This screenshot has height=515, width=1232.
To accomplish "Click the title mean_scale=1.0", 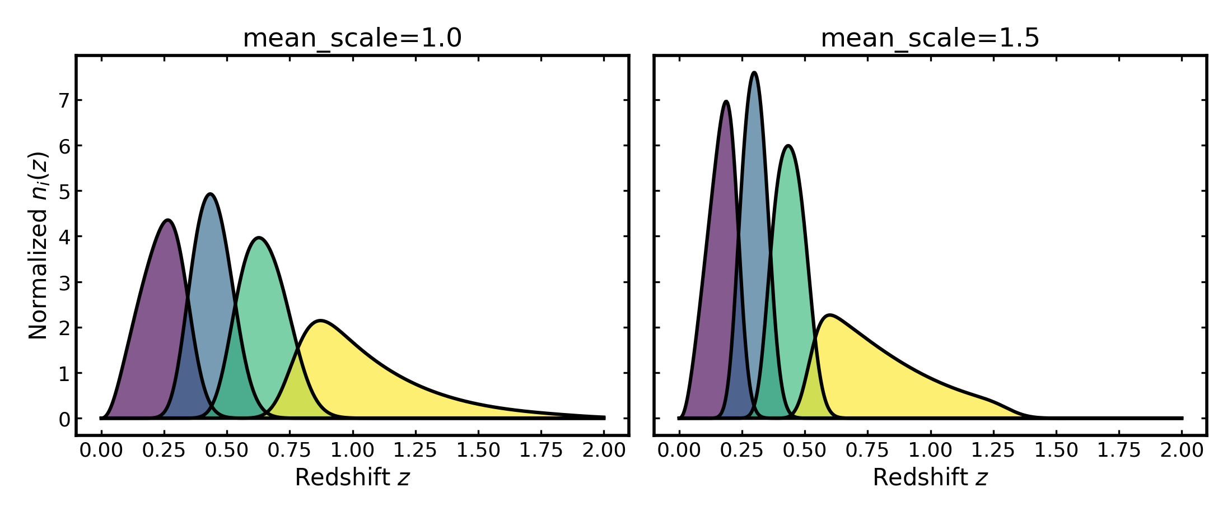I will (x=352, y=38).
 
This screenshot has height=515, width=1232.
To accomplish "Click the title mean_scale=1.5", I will (x=930, y=38).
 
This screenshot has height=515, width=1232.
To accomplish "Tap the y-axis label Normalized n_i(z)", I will (x=39, y=245).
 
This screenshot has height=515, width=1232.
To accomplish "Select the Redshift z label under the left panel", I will (x=352, y=477).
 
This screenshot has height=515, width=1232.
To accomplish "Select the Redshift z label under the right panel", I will (x=930, y=477).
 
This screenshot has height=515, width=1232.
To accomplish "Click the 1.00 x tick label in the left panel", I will (x=353, y=450).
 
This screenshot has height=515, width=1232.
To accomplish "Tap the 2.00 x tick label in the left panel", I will (x=604, y=450).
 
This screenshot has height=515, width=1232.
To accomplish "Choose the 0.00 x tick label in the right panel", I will (x=679, y=450).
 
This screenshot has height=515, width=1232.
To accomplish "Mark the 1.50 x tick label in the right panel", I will (x=1056, y=450).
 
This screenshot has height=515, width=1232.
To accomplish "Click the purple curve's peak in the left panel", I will (x=167, y=220).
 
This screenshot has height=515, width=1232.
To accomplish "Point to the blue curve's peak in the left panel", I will (x=210, y=194).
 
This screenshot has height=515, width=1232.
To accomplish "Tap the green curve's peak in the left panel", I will (x=259, y=238).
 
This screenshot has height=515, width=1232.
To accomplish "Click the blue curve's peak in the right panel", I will (x=754, y=72).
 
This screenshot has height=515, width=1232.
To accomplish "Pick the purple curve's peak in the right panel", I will (x=726, y=101).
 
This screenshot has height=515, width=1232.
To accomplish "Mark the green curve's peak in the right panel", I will (x=788, y=146).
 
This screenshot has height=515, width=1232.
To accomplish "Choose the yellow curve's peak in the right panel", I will (x=829, y=315).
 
